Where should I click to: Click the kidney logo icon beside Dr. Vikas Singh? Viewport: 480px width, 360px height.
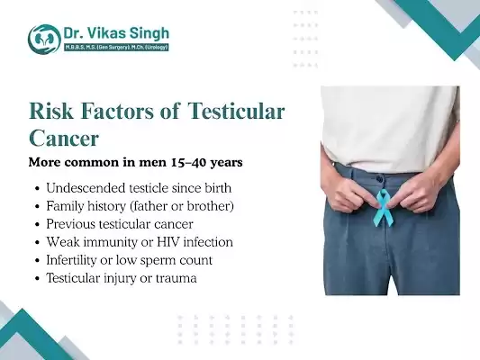[x=42, y=38]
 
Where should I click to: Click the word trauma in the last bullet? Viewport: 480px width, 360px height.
[x=175, y=278]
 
